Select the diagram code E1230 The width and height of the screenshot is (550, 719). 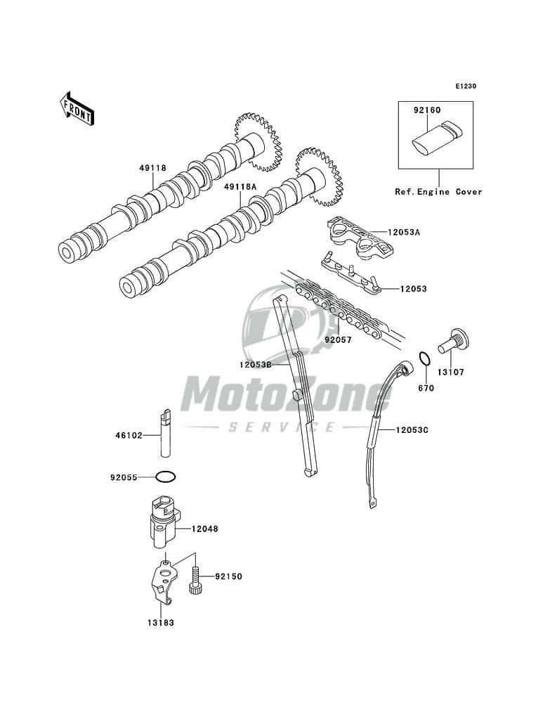pos(465,86)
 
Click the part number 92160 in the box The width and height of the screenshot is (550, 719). pos(426,110)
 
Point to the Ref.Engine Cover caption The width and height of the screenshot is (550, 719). pos(438,191)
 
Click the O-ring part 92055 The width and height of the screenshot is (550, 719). pos(166,477)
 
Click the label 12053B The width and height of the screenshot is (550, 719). pos(255,365)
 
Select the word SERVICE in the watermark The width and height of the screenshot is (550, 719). pos(282,427)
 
